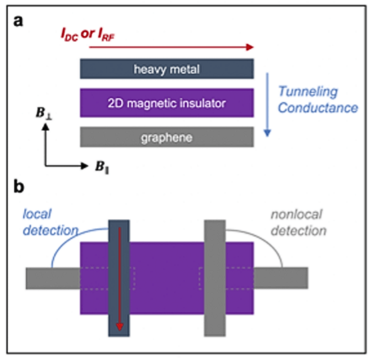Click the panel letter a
(18, 21)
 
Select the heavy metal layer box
(167, 69)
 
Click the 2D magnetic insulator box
(167, 103)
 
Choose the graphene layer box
(167, 137)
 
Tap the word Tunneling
(308, 91)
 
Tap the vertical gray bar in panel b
(215, 278)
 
